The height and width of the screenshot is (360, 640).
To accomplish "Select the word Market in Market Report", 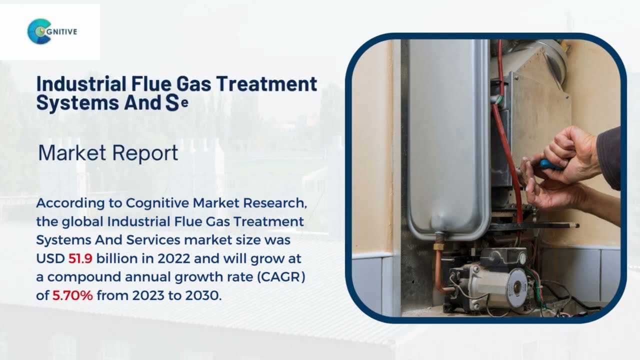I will (70, 152).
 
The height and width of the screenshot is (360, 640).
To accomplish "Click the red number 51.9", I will (80, 258).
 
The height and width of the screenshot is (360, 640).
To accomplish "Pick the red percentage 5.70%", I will (72, 295).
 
